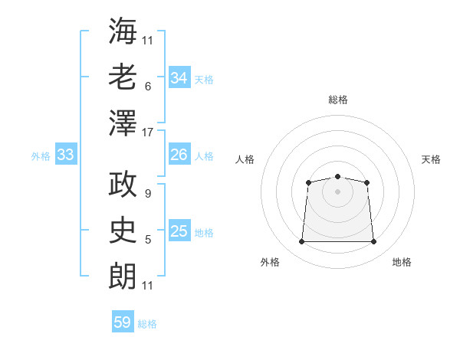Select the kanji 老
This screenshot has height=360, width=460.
click(123, 77)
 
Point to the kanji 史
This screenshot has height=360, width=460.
click(123, 230)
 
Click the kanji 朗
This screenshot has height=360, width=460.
click(123, 276)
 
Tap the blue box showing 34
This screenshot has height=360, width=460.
click(179, 78)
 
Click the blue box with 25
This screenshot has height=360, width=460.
click(179, 231)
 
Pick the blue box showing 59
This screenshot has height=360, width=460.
click(122, 322)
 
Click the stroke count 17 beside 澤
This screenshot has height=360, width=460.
click(148, 133)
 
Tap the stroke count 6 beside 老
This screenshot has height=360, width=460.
click(147, 87)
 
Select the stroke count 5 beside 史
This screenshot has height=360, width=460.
click(147, 240)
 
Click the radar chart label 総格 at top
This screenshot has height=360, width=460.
click(337, 100)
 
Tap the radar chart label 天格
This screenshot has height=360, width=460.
click(432, 159)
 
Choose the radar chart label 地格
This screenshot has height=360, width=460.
click(402, 262)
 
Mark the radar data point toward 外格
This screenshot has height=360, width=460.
click(301, 242)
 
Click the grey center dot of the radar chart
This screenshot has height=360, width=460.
click(337, 191)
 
